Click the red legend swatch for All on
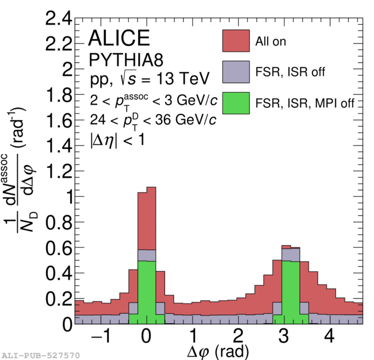coord(236,41)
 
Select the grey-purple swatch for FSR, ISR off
coord(236,72)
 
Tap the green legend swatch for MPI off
coord(236,103)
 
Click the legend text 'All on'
coord(270,41)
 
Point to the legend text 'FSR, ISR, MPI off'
coord(305,104)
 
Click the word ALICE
coord(119,38)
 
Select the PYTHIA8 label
coord(126,60)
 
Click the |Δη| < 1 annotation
coord(117,140)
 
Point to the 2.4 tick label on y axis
coord(59,18)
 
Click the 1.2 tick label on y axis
coord(59,171)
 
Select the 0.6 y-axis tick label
coord(59,248)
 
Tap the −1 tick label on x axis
coord(101,336)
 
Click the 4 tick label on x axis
coord(329,336)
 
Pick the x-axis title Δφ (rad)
coord(217,351)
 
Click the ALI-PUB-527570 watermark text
coord(40,355)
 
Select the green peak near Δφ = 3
coord(291,292)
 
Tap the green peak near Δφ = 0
coord(147,292)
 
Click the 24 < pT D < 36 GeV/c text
coord(154,120)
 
